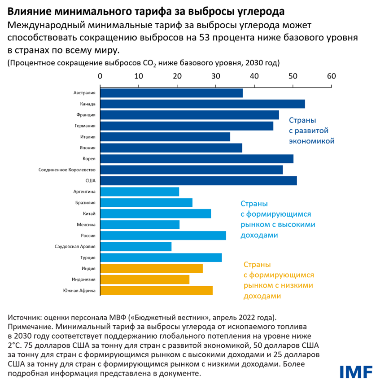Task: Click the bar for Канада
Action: coord(202,104)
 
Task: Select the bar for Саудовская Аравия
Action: coord(135,247)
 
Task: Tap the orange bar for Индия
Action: coord(151,269)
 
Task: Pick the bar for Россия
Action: coord(163,236)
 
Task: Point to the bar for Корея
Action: coord(197,159)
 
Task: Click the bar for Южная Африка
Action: coord(156,291)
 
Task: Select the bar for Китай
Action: coord(155,214)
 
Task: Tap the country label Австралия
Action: coord(84,93)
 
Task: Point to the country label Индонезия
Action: coord(83,280)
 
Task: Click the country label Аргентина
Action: coord(84,192)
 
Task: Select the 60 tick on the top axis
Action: coord(331,76)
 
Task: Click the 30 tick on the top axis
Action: coord(216,76)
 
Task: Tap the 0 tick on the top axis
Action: coord(100,76)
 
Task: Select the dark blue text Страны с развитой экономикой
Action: coord(311,131)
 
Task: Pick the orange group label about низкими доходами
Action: coord(278,280)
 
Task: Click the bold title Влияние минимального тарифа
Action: coord(146,10)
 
